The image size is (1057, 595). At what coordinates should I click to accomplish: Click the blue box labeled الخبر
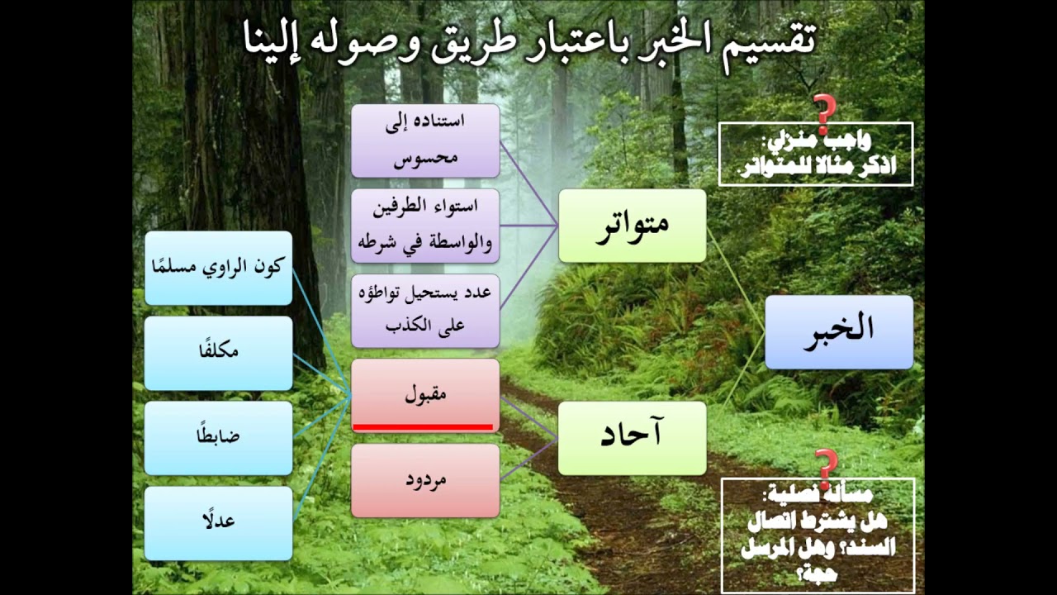click(x=839, y=331)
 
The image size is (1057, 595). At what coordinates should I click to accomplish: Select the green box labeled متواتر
click(x=633, y=226)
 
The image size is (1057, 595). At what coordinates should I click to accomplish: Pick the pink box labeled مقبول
click(x=425, y=392)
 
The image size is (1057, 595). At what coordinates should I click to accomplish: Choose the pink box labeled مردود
click(x=425, y=480)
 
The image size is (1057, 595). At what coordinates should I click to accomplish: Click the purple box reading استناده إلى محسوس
click(x=425, y=140)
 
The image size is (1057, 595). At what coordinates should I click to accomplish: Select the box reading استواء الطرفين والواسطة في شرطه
click(x=425, y=225)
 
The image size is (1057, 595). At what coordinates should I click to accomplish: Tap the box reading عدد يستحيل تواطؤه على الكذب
click(x=425, y=310)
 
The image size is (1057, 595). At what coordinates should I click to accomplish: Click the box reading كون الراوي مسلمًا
click(x=219, y=268)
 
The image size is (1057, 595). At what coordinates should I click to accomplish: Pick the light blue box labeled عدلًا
click(x=219, y=523)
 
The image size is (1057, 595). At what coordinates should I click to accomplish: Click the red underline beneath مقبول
click(x=423, y=426)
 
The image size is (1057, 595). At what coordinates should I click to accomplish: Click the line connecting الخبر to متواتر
click(x=736, y=280)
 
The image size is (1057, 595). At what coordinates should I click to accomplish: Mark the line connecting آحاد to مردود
click(x=528, y=459)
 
